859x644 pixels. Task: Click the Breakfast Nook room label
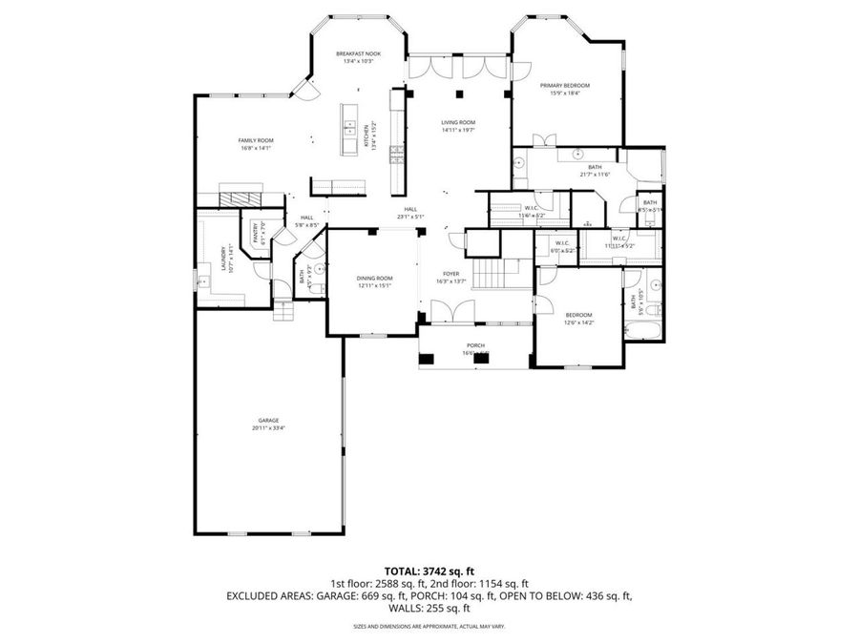[358, 54]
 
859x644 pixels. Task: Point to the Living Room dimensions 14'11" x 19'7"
[458, 131]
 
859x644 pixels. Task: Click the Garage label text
[268, 421]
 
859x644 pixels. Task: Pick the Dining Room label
[374, 278]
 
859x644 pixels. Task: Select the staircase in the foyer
[493, 276]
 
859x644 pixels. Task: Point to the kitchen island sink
[350, 126]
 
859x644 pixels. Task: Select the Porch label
[475, 345]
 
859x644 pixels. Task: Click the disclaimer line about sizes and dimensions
[429, 626]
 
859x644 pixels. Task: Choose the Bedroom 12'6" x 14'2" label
[578, 315]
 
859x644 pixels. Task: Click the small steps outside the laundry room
[283, 311]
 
